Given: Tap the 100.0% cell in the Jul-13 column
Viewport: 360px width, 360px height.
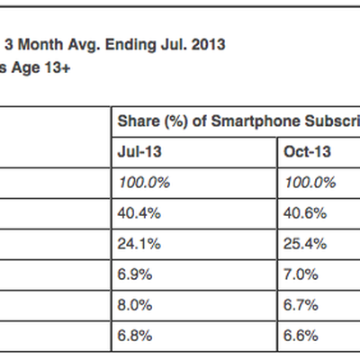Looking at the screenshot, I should pos(141,182).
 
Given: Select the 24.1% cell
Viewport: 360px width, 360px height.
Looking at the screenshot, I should pos(135,244).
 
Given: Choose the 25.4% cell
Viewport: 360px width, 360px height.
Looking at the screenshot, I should pos(302,244).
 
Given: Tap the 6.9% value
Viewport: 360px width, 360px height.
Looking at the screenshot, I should pos(132,274).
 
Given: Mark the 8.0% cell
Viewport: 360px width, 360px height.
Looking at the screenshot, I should pos(132,305).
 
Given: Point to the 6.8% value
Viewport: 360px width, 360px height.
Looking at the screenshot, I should pos(132,336).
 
